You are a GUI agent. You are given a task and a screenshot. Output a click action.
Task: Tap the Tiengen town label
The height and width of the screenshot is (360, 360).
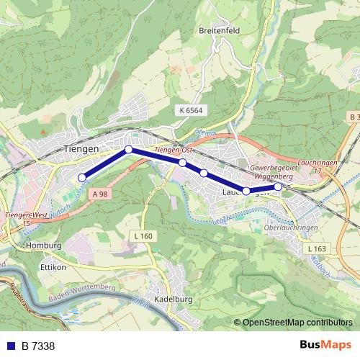(x=81, y=148)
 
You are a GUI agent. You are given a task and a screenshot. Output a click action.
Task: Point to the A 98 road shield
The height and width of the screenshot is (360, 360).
(x=99, y=194)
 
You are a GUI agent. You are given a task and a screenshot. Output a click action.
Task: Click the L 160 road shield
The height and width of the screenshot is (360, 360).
(x=143, y=235)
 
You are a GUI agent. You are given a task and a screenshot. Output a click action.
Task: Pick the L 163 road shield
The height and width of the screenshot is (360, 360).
(x=316, y=248)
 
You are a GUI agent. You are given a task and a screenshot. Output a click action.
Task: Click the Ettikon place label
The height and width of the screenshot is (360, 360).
(x=53, y=266)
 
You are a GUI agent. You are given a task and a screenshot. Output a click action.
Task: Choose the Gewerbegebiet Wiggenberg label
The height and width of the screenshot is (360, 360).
(x=273, y=172)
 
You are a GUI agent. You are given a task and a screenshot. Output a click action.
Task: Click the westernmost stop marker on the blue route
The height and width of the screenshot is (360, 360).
(x=82, y=177)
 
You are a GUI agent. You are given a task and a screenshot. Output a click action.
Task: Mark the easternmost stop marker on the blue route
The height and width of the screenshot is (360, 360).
(x=279, y=186)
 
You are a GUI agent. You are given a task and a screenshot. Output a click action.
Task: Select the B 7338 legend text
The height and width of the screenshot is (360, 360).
(x=38, y=346)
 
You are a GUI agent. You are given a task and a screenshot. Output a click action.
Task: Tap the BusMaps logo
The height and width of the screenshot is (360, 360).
(x=326, y=345)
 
